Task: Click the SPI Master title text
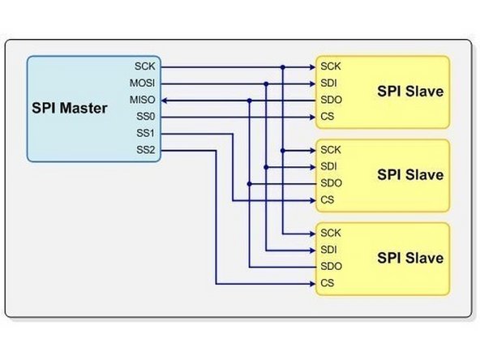pos(69,108)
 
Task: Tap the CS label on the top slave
pos(327,117)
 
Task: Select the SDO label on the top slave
pos(331,100)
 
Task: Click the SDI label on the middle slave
pos(329,167)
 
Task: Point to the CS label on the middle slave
pos(327,200)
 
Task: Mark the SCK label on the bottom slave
pos(331,234)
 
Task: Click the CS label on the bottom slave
pos(327,284)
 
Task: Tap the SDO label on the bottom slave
pos(331,267)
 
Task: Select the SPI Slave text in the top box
pos(410,92)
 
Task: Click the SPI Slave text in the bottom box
pos(410,259)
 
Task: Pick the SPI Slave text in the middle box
pos(410,175)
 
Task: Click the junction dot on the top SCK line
pos(282,66)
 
